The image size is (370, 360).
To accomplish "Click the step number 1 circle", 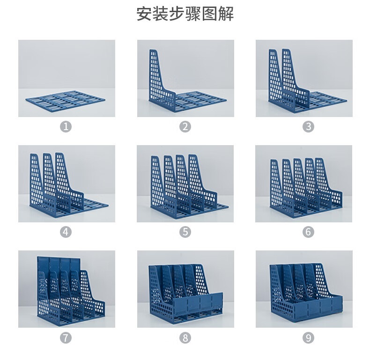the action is [x=66, y=127].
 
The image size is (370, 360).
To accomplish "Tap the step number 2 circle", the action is [x=185, y=127].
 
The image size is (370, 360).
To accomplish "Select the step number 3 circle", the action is [x=308, y=127].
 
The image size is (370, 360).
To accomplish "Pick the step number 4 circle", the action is [x=66, y=232].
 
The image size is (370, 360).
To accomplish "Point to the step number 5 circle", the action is [x=185, y=232].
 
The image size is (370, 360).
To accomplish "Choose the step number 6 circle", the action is [x=308, y=232].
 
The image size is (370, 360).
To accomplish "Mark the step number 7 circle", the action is [x=66, y=338].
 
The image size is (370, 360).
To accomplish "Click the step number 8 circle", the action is [x=185, y=338].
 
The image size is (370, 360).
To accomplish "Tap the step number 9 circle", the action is [x=308, y=338].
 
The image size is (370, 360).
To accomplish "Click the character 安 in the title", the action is [x=144, y=14].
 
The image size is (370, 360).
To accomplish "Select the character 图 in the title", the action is [x=210, y=14].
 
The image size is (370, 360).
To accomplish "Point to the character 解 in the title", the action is [x=226, y=14].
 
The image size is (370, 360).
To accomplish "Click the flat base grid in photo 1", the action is [x=66, y=100].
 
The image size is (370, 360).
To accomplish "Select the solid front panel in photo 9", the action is [x=318, y=307].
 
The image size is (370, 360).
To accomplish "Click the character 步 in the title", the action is [x=177, y=14].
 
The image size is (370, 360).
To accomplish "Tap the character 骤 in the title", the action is [x=193, y=14].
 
